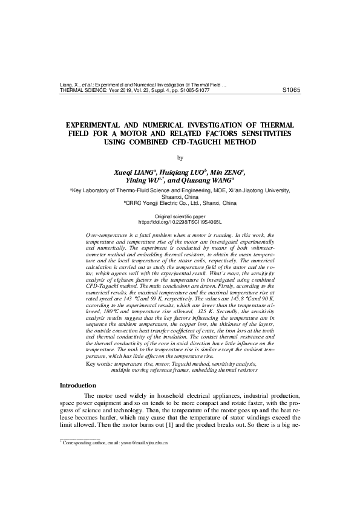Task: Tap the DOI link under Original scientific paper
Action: point(180,222)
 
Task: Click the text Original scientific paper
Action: point(180,216)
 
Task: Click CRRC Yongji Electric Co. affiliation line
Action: point(180,203)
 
